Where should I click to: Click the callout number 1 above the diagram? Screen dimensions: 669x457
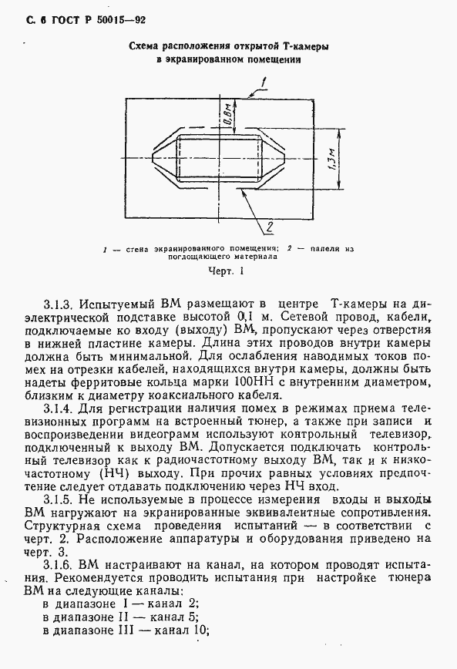(264, 82)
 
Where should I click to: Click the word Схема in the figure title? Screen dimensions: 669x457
(144, 47)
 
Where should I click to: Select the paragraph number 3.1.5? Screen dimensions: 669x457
(59, 499)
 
